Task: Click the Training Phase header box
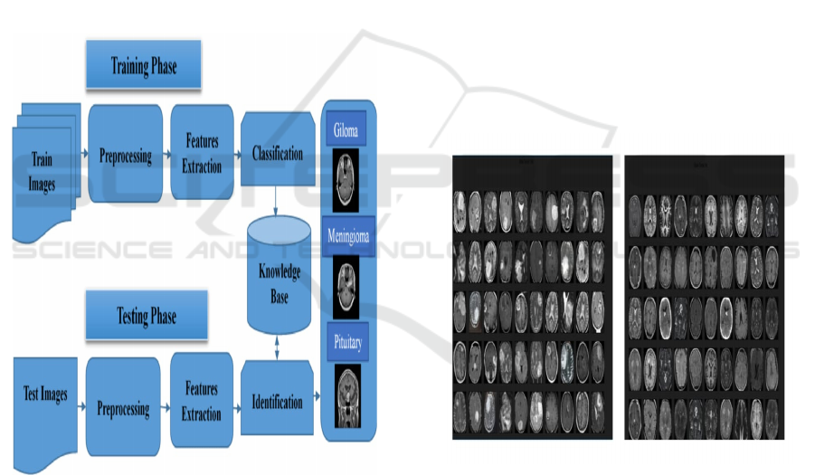point(143,67)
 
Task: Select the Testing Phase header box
point(146,317)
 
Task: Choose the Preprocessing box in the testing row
point(123,408)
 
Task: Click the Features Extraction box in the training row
point(202,153)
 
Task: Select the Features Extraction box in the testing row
point(202,402)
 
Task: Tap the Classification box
point(278,153)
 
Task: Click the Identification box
point(277,402)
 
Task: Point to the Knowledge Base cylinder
point(279,272)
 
